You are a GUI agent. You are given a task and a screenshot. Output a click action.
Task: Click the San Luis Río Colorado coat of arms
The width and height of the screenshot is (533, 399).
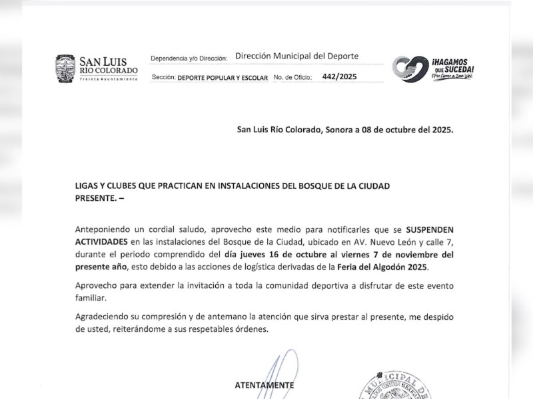[65, 69]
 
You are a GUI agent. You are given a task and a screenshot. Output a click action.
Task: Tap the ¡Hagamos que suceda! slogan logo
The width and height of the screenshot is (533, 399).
[433, 69]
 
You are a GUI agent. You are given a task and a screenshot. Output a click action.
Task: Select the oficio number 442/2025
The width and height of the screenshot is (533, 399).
[339, 76]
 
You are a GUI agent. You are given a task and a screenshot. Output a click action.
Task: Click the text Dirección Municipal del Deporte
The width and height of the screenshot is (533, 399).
[297, 57]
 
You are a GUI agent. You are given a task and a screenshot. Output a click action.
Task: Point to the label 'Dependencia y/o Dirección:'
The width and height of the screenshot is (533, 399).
[189, 59]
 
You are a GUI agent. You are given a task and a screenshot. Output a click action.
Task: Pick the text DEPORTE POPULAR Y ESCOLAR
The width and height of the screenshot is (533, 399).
[223, 78]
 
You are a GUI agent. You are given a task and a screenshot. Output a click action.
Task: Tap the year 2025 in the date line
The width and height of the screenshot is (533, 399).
[441, 130]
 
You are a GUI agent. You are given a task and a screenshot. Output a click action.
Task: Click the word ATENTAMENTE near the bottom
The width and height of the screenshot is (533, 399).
[264, 385]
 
